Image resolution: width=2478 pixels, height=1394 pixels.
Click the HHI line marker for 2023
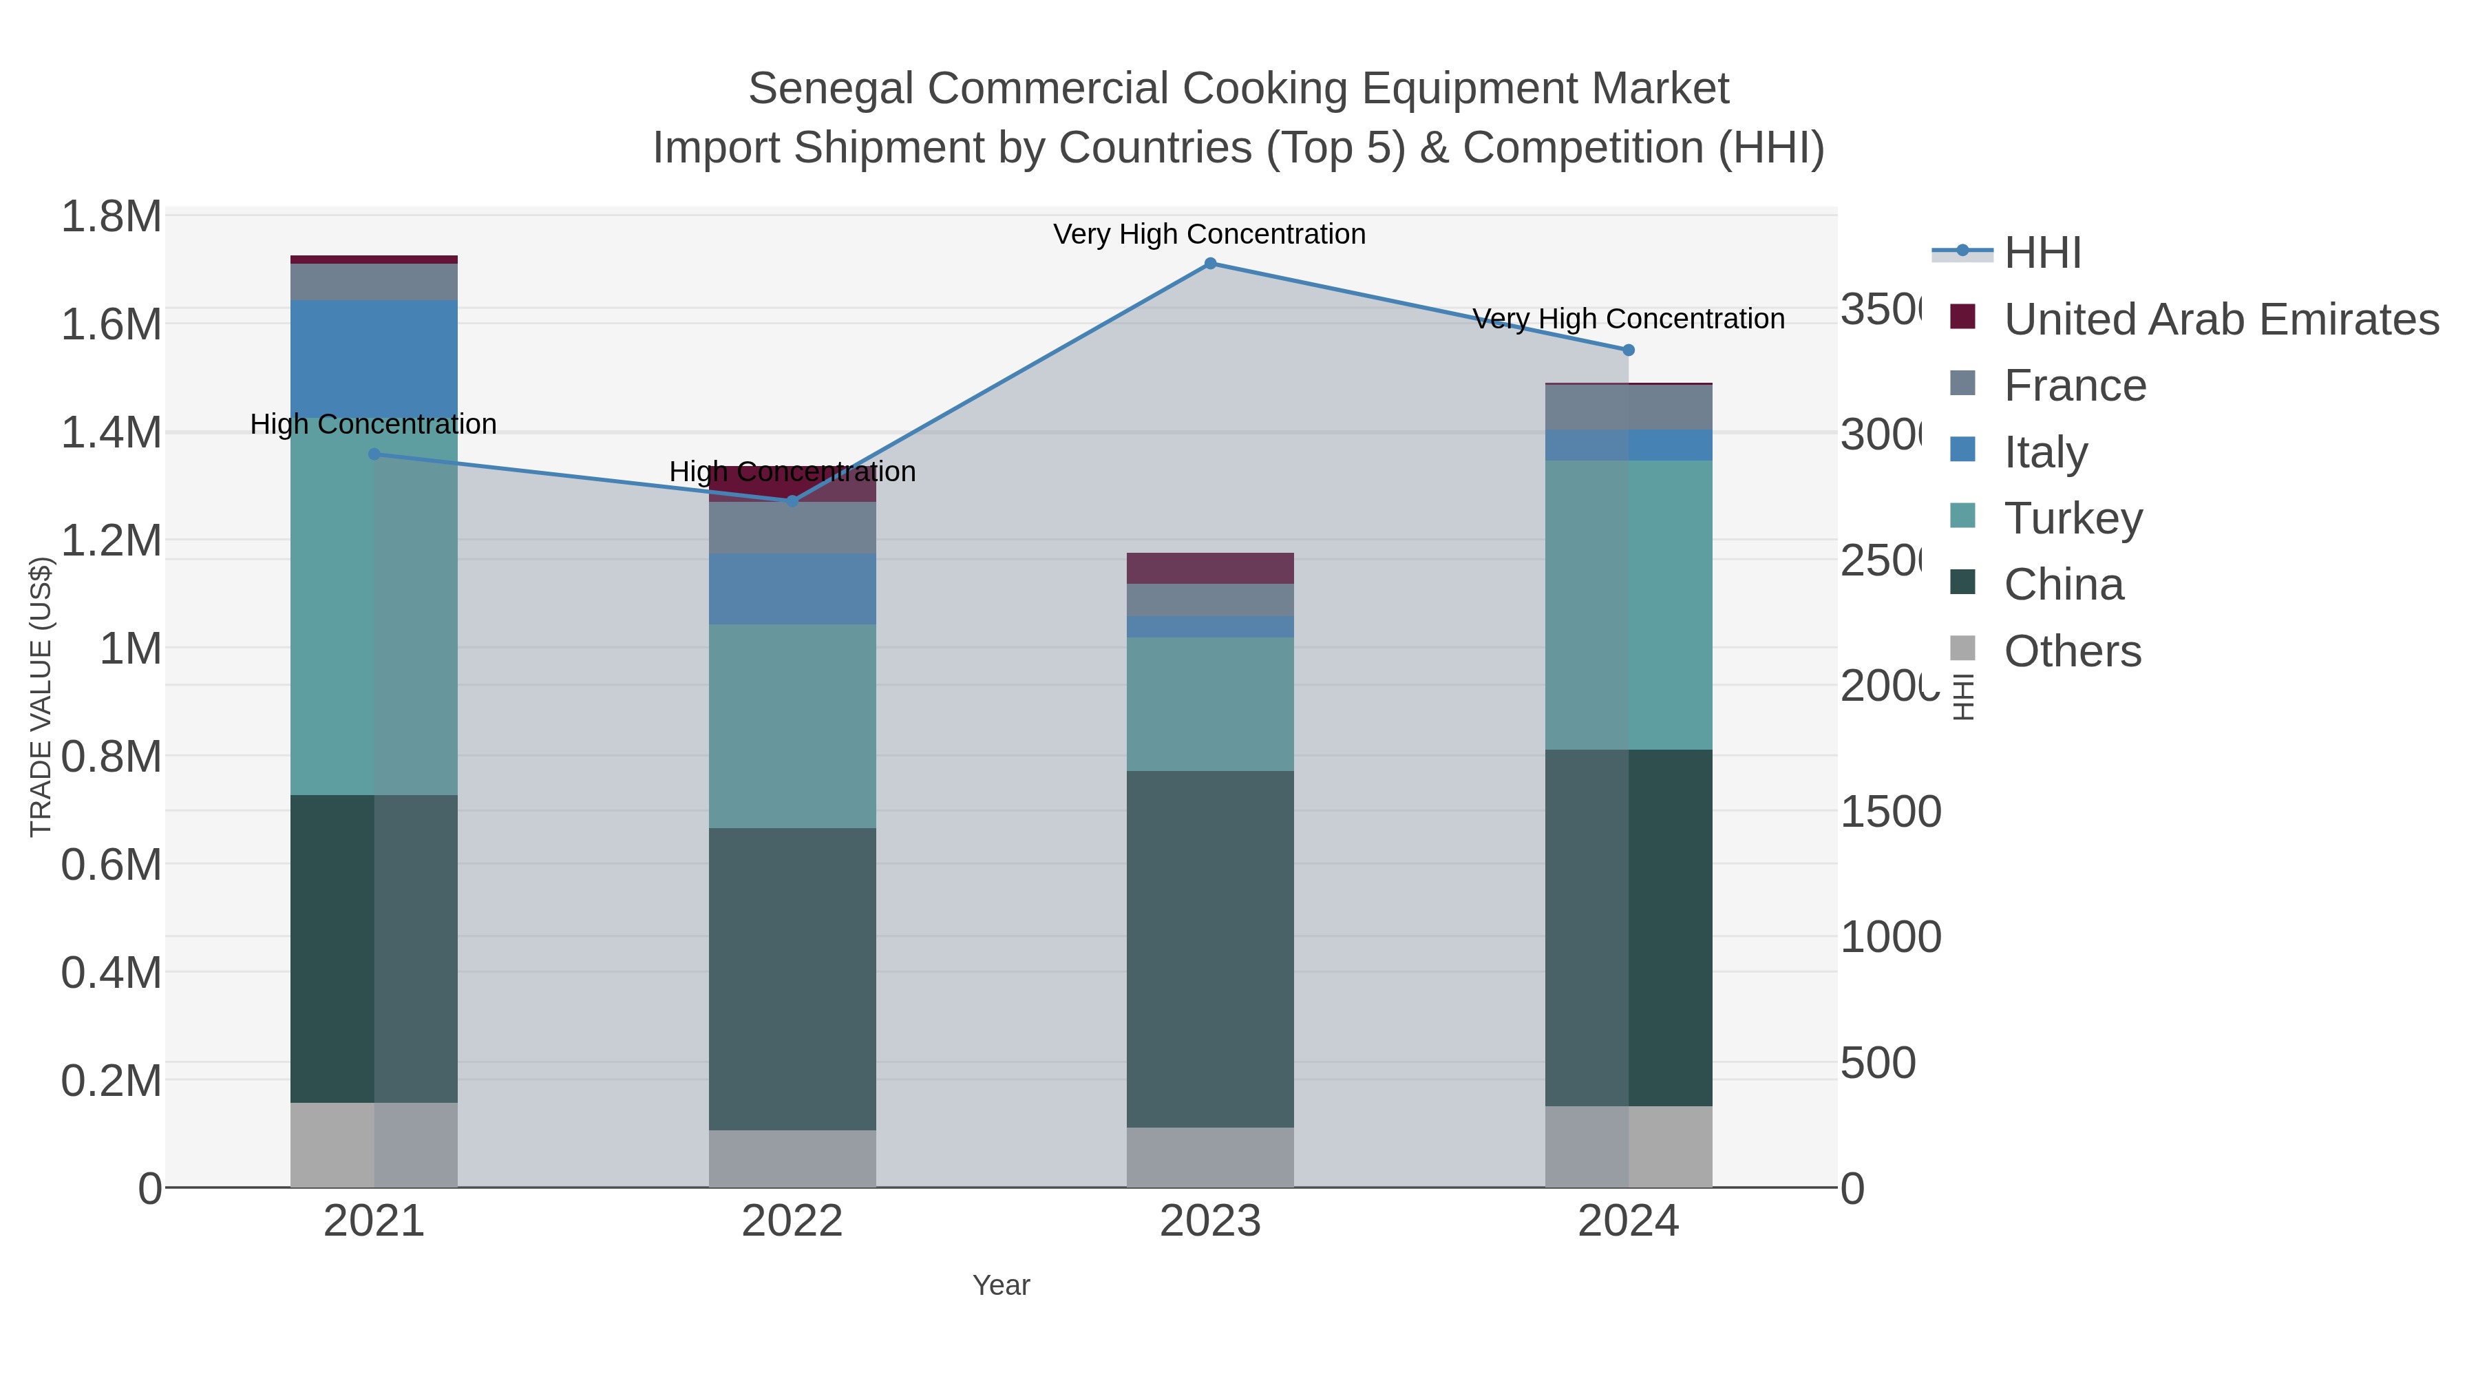(x=1210, y=263)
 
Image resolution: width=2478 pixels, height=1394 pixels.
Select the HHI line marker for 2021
(x=374, y=454)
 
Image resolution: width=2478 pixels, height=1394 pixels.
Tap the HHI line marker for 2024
(x=1629, y=350)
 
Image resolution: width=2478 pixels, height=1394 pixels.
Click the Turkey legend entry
(x=2073, y=518)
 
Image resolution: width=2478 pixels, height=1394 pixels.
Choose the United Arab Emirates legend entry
(x=2220, y=319)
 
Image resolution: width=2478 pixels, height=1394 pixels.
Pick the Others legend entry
(x=2072, y=651)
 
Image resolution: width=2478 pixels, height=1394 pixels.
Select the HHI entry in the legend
(x=2042, y=252)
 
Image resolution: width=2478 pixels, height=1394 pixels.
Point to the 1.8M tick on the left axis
(x=112, y=216)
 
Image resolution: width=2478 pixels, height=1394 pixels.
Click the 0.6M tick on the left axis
(x=112, y=864)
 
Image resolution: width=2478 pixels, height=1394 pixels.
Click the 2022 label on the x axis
(x=792, y=1221)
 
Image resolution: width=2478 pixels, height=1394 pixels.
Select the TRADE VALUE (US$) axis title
(x=41, y=697)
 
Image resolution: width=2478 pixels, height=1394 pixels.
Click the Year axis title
(x=1000, y=1285)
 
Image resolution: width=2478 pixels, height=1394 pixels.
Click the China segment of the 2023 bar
(x=1210, y=948)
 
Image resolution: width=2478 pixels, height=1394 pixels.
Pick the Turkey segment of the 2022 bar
(x=792, y=726)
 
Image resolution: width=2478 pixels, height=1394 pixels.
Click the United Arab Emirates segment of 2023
(x=1210, y=568)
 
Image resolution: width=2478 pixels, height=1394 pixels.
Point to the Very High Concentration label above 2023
(x=1209, y=234)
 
